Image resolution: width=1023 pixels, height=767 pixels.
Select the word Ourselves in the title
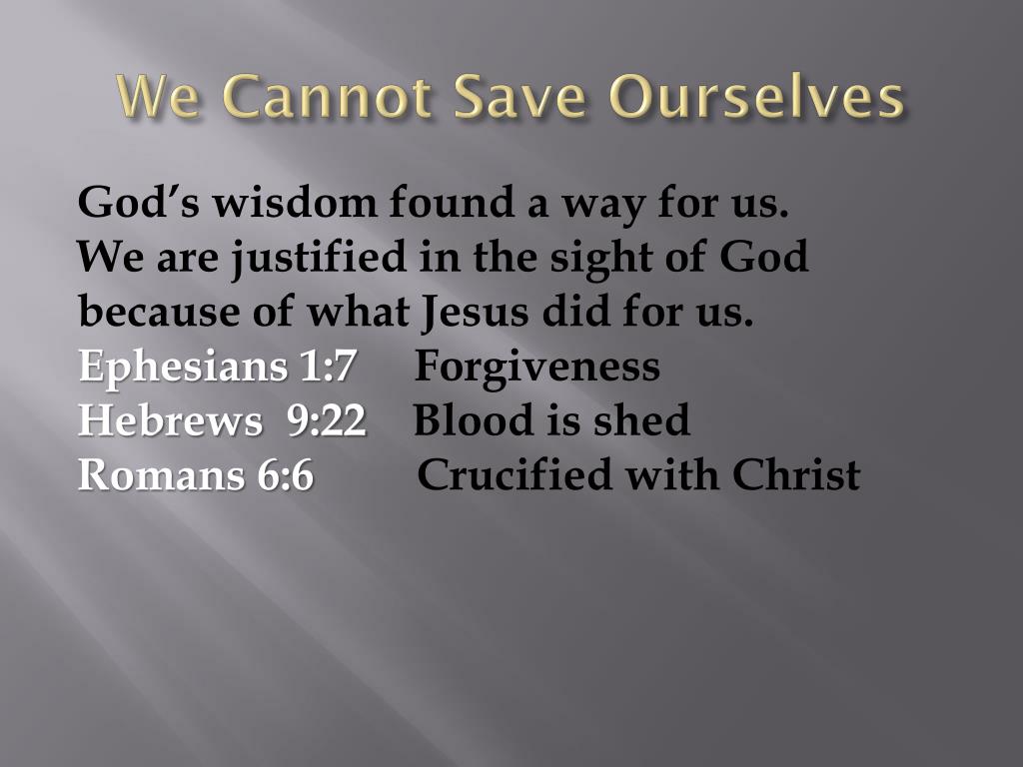[x=757, y=99]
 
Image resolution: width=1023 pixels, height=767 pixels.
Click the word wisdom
[x=295, y=204]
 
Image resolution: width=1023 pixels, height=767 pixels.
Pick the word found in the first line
[x=447, y=204]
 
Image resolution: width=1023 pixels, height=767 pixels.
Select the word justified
[x=320, y=259]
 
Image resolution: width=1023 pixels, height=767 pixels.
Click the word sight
[x=599, y=260]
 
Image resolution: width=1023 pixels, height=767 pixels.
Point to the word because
[x=161, y=313]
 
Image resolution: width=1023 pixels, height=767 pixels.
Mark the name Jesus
[x=474, y=313]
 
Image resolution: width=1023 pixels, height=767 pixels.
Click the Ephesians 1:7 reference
[x=217, y=367]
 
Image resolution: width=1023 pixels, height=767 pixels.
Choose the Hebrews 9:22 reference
[x=222, y=420]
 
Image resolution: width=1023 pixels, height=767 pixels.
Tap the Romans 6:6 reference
[x=196, y=474]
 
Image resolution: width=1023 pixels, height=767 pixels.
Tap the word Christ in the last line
[x=795, y=474]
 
